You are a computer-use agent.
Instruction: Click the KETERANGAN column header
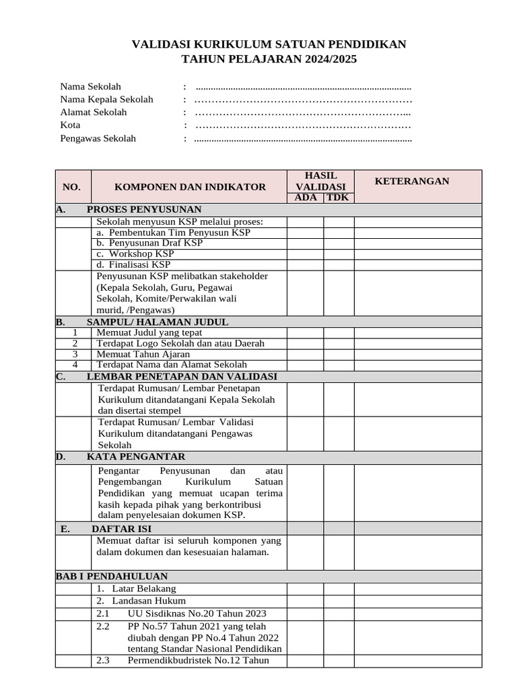click(412, 181)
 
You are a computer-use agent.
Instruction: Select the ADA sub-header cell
click(306, 197)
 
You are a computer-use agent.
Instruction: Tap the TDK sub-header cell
click(338, 197)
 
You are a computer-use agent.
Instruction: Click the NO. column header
click(71, 186)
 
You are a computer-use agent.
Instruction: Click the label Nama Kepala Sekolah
click(106, 99)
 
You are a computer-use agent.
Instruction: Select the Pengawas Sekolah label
click(98, 138)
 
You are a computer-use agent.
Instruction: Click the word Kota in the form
click(70, 125)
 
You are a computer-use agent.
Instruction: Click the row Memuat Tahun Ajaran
click(143, 354)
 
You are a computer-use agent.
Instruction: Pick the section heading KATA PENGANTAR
click(135, 457)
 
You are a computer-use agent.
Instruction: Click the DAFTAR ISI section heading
click(121, 529)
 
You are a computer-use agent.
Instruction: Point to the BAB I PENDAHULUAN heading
click(112, 576)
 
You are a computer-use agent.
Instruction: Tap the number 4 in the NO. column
click(75, 365)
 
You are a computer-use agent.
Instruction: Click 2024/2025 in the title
click(327, 59)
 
